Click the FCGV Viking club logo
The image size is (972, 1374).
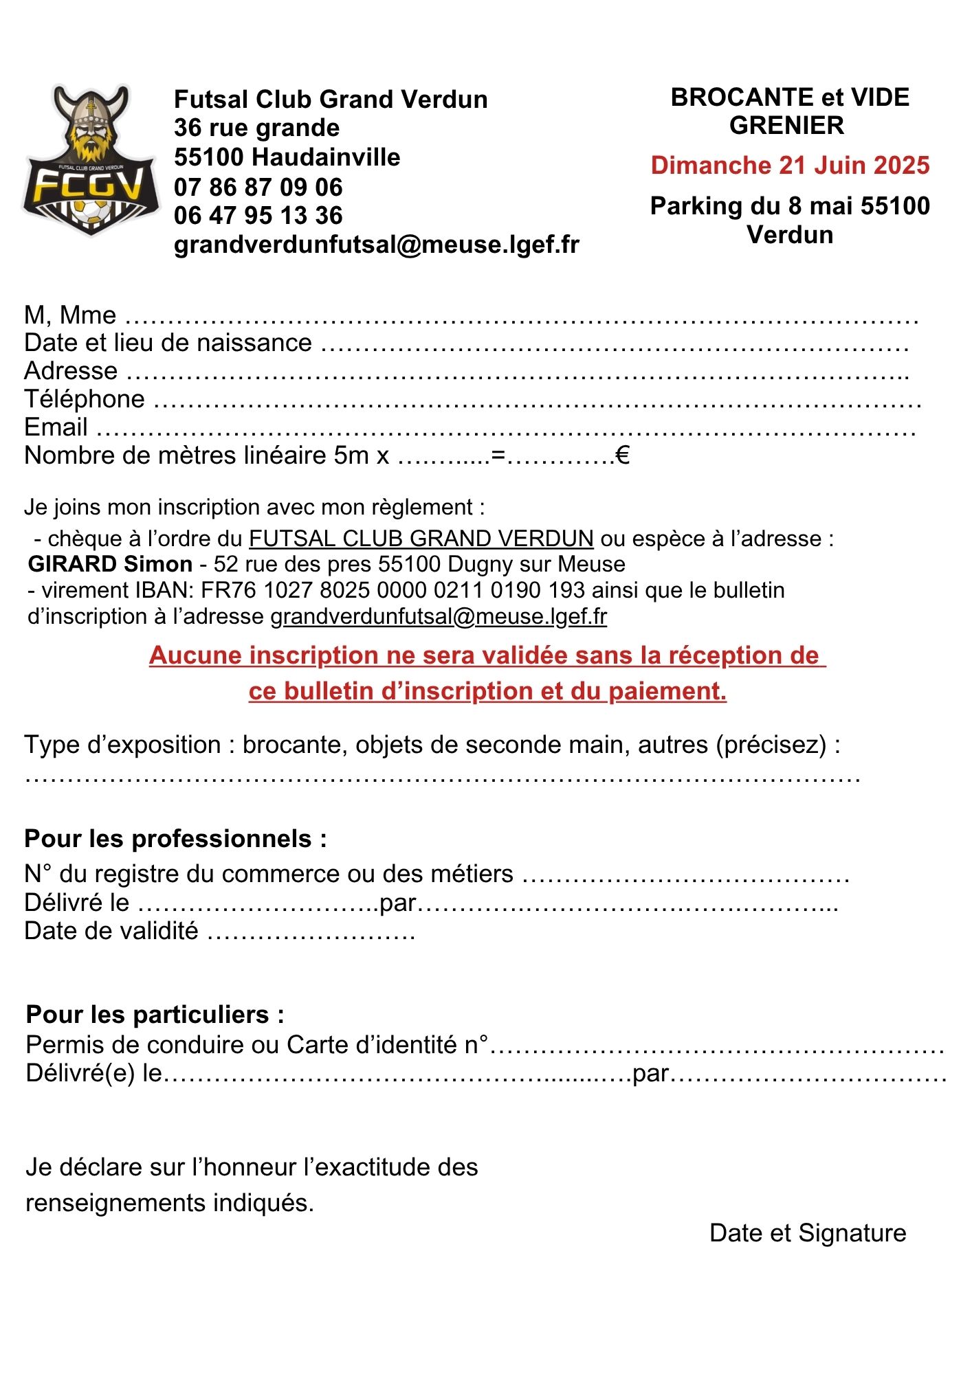coord(91,161)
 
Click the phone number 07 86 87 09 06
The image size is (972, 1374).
coord(258,187)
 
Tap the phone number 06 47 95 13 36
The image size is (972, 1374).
coord(258,216)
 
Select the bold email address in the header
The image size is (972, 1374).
coord(377,245)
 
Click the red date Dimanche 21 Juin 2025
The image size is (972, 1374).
coord(790,166)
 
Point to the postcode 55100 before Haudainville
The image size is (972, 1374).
coord(210,157)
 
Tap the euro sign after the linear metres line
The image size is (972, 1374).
coord(623,455)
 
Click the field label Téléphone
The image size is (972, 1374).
coord(85,399)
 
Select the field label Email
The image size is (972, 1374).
coord(56,427)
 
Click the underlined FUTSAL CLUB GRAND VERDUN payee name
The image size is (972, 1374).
coord(421,539)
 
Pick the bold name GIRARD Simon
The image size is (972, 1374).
coord(110,564)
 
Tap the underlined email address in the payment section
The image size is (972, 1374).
coord(439,616)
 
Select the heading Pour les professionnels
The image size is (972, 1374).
coord(175,839)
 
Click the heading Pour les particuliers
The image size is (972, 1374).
coord(155,1015)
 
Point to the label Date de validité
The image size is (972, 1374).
coord(111,931)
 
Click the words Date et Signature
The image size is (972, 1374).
coord(808,1232)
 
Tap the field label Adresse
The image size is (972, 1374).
coord(71,371)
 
